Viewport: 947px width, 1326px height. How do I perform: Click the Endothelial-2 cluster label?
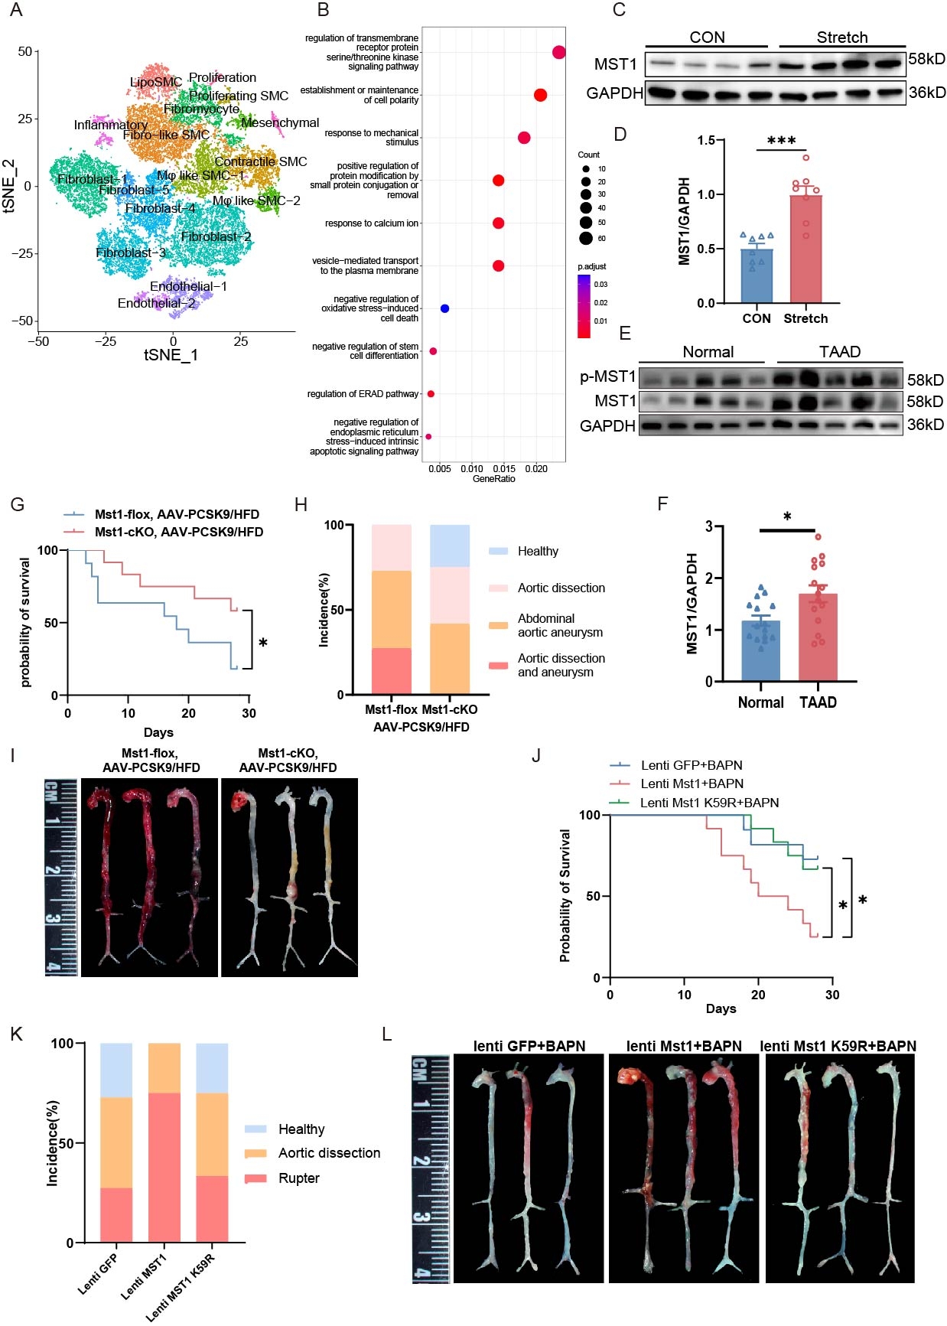click(x=157, y=304)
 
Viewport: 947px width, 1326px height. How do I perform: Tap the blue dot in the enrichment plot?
click(x=444, y=308)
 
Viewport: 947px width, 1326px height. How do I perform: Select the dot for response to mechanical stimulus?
click(x=524, y=138)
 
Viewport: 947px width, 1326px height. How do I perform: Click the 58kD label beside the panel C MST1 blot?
click(x=926, y=59)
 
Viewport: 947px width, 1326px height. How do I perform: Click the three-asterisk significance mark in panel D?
click(x=781, y=141)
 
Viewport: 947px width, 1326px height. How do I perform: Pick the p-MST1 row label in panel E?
click(x=607, y=376)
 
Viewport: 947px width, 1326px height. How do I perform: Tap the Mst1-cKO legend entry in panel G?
click(x=178, y=532)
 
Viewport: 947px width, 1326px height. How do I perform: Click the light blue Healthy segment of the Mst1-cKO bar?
click(x=450, y=546)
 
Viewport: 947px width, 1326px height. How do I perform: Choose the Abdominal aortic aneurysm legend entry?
click(x=560, y=625)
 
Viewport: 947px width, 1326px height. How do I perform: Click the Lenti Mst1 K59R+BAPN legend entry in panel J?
click(x=709, y=803)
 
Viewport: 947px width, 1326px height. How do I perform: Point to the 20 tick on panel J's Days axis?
click(x=758, y=995)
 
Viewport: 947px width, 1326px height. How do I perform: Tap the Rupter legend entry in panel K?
click(x=298, y=1178)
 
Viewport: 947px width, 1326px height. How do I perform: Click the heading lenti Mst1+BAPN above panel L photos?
click(x=683, y=1046)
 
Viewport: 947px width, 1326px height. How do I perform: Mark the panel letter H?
click(x=301, y=504)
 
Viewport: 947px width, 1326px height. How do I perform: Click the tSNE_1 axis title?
click(x=171, y=355)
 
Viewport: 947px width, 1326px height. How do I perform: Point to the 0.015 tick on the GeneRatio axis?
click(x=503, y=468)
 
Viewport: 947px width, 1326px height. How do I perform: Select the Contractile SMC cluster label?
click(x=260, y=161)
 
